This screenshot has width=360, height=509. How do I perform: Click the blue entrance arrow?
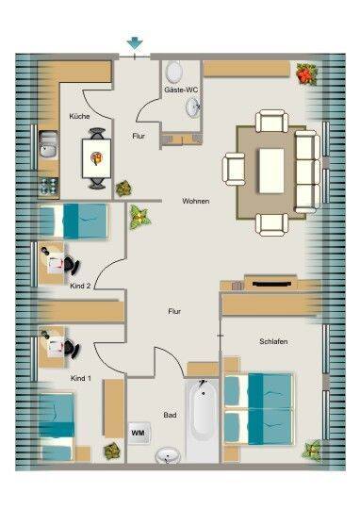pos(135,43)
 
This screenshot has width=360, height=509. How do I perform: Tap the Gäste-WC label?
pos(181,90)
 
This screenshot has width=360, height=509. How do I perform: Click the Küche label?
pos(79,116)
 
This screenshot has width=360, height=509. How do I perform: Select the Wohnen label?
pos(195,202)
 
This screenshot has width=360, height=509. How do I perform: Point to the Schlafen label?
pos(273,341)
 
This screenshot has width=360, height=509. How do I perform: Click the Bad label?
pos(170,415)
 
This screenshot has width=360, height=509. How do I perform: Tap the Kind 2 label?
pos(80,286)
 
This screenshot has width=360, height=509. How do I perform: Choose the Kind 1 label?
pos(80,378)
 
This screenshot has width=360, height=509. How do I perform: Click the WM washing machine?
pos(139,433)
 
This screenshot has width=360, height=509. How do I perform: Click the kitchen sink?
pos(48,144)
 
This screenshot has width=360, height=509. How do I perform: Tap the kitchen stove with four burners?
pos(49,187)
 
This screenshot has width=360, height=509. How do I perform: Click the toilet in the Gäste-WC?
pos(174,72)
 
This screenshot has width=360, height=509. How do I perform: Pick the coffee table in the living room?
pos(271,171)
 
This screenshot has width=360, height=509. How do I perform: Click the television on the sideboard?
pos(271,284)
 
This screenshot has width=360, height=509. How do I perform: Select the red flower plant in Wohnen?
pos(306,74)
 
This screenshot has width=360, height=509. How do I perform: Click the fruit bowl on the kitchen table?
pos(96,158)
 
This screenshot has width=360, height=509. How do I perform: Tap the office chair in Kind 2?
pos(71,265)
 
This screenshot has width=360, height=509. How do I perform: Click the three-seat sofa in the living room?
pos(307,172)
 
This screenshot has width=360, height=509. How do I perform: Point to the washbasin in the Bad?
pos(168,455)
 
